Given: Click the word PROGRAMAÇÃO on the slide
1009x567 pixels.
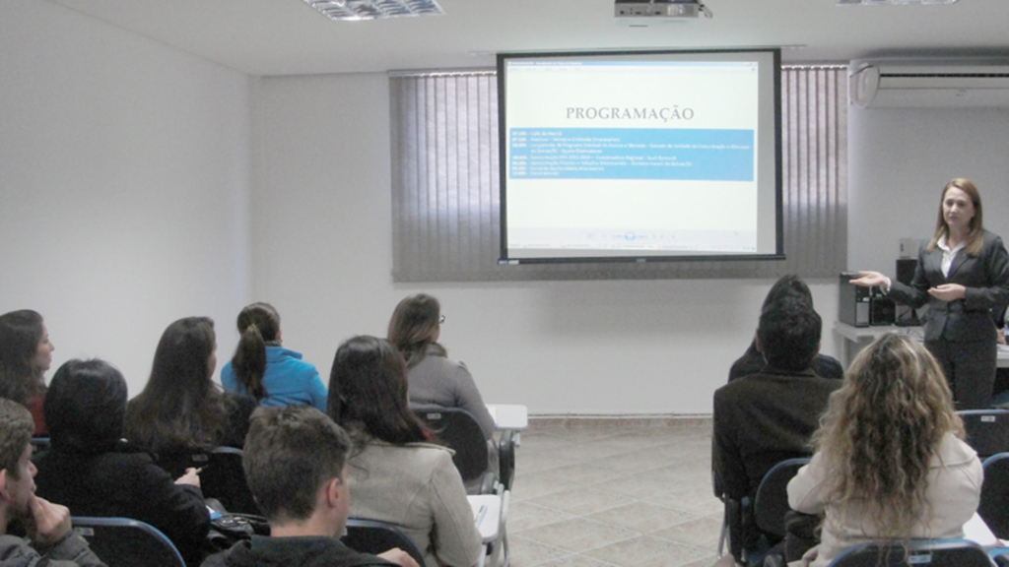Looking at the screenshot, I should pyautogui.click(x=629, y=113).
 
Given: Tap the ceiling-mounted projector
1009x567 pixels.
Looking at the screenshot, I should pyautogui.click(x=658, y=9).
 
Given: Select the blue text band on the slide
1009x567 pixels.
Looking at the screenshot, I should pyautogui.click(x=631, y=154).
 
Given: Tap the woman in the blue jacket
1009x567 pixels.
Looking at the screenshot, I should pyautogui.click(x=272, y=364).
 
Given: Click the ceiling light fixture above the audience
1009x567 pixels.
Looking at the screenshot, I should pyautogui.click(x=373, y=8).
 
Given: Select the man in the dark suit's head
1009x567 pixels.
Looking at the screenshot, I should pyautogui.click(x=788, y=335).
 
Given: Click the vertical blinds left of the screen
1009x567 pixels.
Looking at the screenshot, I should pyautogui.click(x=443, y=172).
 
